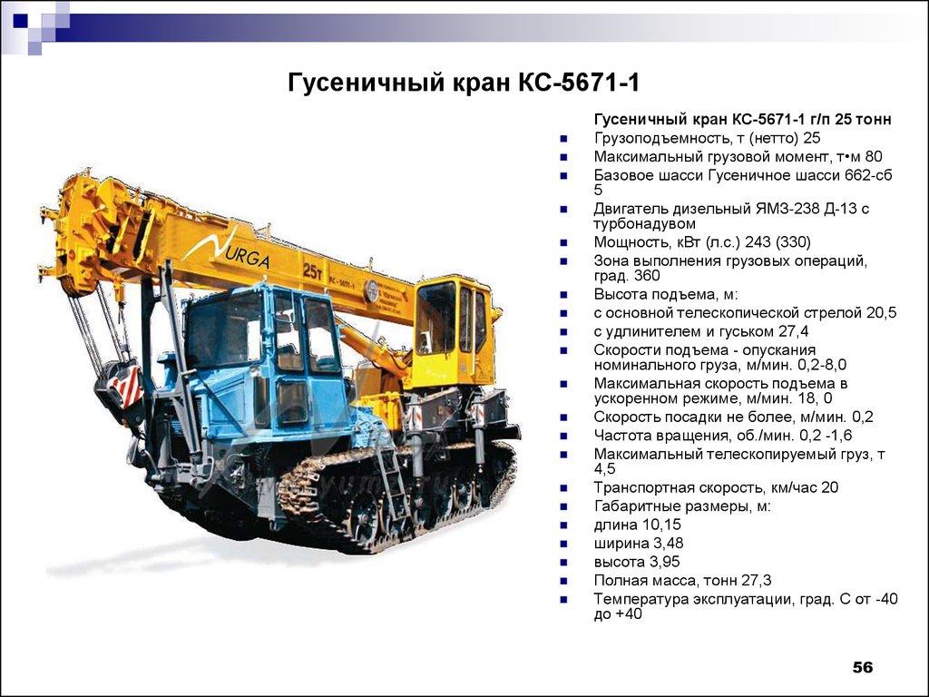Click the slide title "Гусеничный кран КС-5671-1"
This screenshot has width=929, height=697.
(464, 83)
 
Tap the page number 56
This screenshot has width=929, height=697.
(862, 668)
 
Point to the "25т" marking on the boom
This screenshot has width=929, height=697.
(314, 270)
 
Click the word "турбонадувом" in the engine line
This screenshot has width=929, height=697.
(644, 223)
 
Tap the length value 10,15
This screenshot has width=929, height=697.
(661, 525)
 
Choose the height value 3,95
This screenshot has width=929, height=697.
(663, 562)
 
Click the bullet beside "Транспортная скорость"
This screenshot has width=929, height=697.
(564, 488)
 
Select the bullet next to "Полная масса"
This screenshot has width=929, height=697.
(564, 581)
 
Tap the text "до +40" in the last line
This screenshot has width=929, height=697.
(618, 614)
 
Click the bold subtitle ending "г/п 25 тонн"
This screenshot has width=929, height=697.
(742, 119)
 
